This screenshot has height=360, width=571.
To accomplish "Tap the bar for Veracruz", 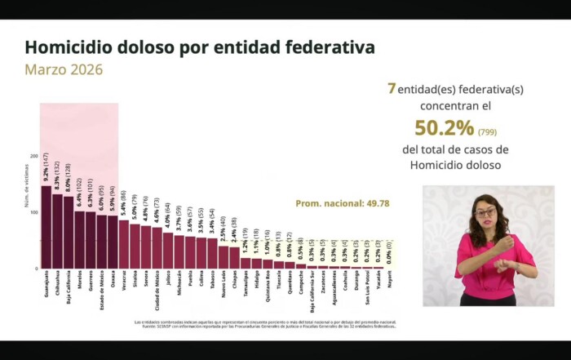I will [x=124, y=244].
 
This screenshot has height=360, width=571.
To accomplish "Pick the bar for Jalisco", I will [x=168, y=251].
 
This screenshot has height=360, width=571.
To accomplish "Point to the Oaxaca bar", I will [x=113, y=242].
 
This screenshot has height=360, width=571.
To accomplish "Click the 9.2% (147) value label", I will [x=46, y=168].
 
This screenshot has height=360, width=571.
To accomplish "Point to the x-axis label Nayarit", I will [x=388, y=279].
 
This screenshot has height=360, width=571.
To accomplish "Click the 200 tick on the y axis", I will [x=33, y=155].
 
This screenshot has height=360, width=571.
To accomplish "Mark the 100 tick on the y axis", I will [x=33, y=212].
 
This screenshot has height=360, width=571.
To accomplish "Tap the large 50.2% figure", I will [x=444, y=128].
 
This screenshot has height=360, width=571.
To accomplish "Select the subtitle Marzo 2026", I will [x=64, y=69].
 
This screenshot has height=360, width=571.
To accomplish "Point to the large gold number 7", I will [x=392, y=88].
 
